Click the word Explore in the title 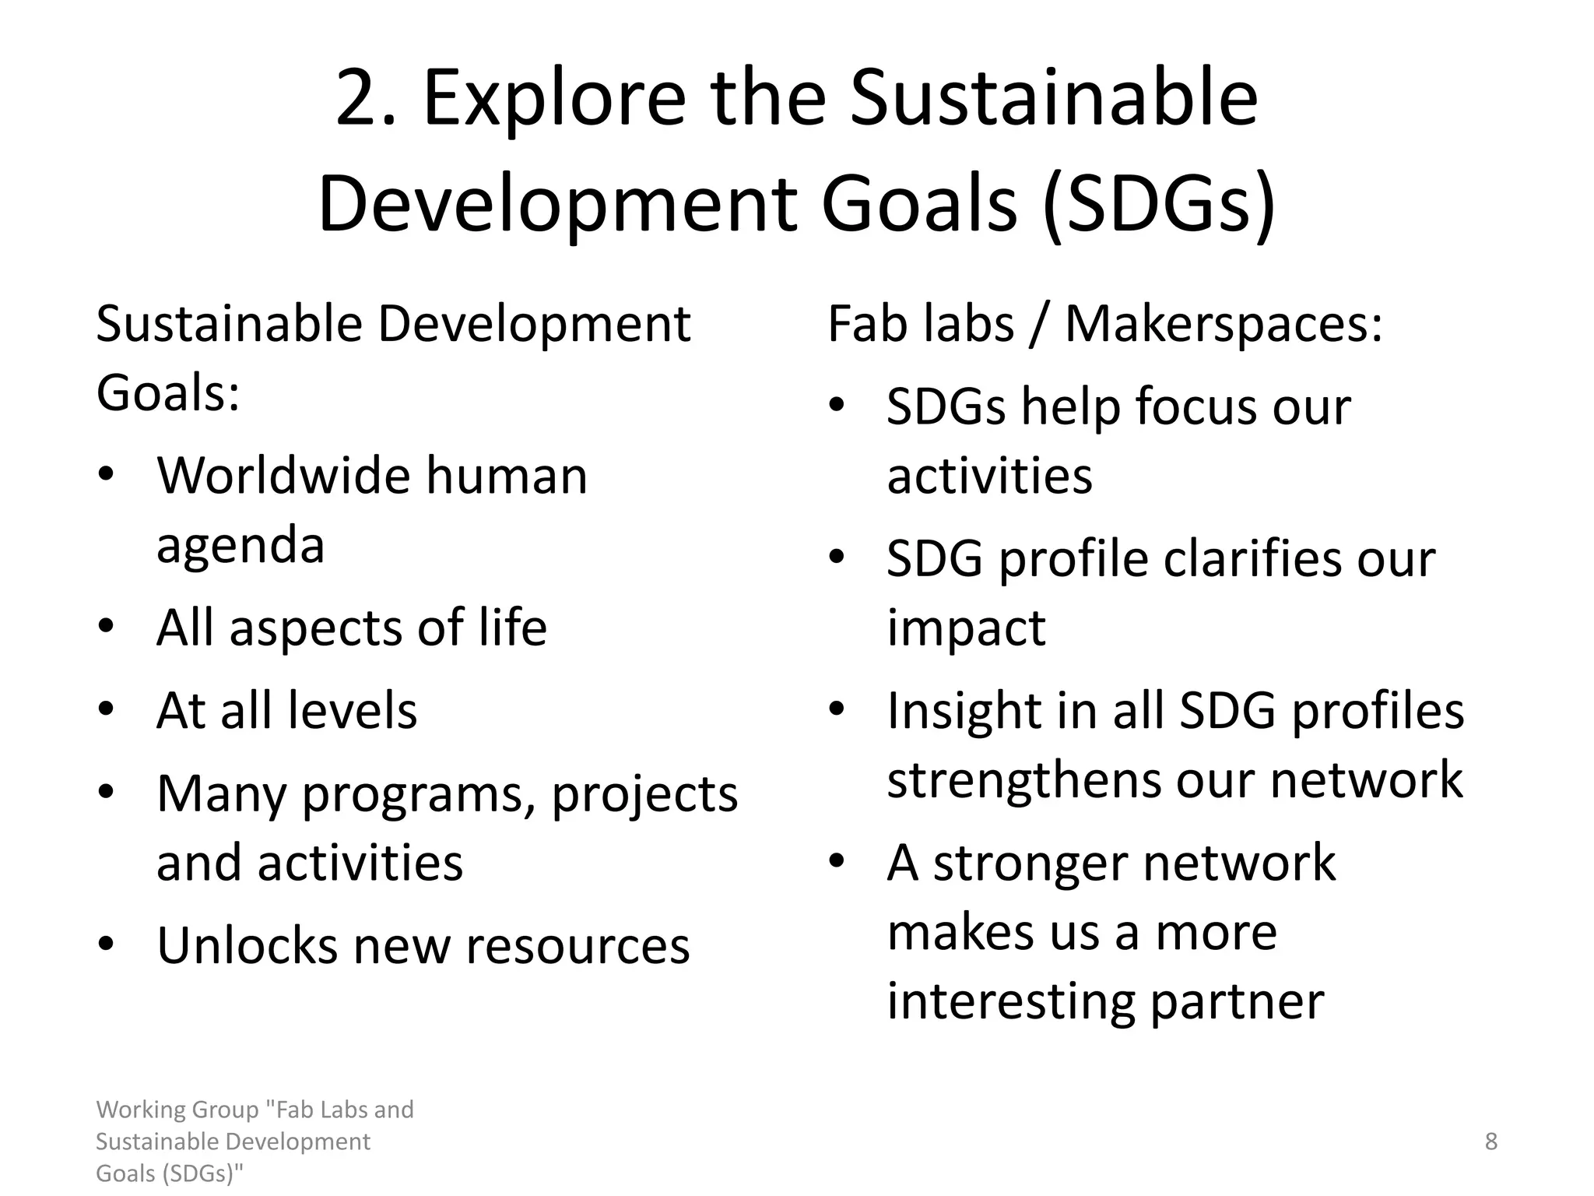pos(554,100)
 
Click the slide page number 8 pos(1491,1141)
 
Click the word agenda pos(241,545)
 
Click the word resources pos(578,946)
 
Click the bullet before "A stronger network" pos(837,862)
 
